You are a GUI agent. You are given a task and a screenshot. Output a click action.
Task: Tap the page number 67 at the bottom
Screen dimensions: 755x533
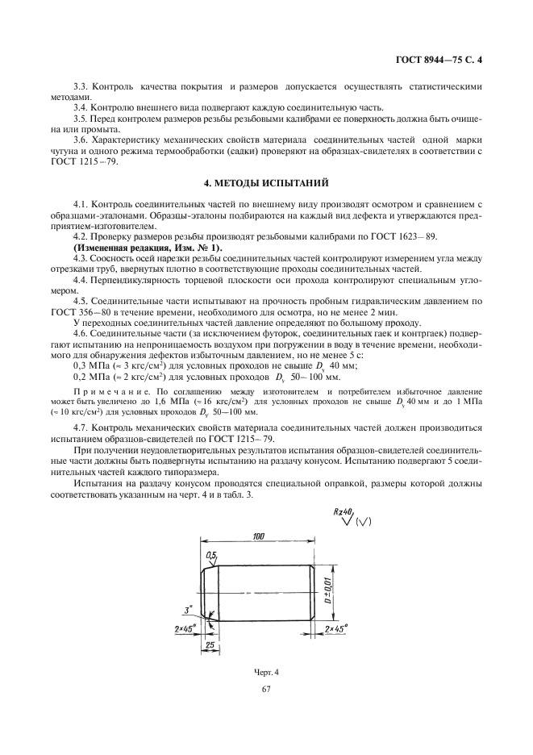[x=266, y=689]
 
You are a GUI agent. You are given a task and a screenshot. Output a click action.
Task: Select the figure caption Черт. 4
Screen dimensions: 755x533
[x=265, y=672]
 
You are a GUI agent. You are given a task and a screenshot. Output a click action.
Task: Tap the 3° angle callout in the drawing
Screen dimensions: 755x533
[x=186, y=610]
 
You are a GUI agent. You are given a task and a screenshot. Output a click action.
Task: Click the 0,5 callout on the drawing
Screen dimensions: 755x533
[x=212, y=556]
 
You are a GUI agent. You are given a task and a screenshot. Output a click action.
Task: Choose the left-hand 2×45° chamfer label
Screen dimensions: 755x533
[x=182, y=628]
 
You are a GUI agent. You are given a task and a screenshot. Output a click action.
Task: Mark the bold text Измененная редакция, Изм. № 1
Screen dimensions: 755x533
[x=119, y=247]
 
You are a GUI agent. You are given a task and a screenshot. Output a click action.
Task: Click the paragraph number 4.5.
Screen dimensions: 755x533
[x=81, y=300]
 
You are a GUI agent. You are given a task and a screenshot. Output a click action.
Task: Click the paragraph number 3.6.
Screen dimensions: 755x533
[x=81, y=140]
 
